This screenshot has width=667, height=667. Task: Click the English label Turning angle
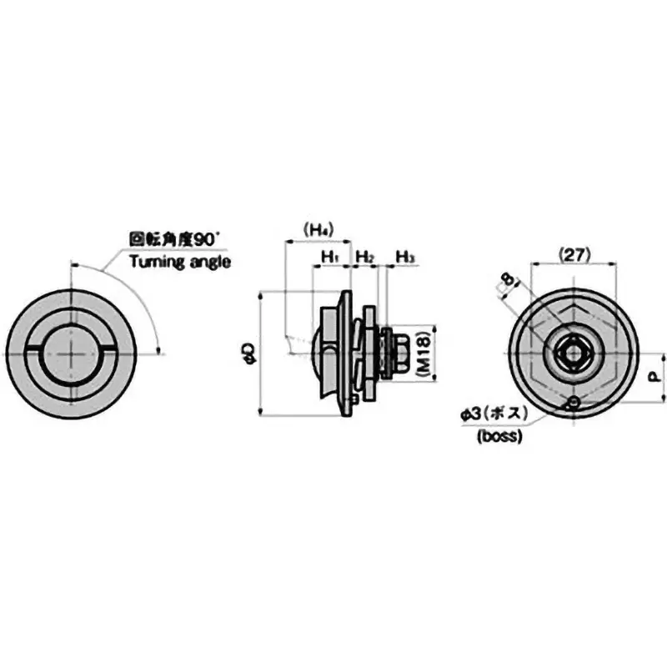point(179,261)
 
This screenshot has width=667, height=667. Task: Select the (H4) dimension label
point(318,228)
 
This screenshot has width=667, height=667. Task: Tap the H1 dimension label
point(329,256)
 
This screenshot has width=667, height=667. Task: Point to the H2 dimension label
point(364,256)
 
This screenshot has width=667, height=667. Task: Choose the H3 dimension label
point(404,256)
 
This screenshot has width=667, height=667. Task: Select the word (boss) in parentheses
point(499,436)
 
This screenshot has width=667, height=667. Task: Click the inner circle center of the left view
point(73,354)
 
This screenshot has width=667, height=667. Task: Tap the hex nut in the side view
point(396,354)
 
